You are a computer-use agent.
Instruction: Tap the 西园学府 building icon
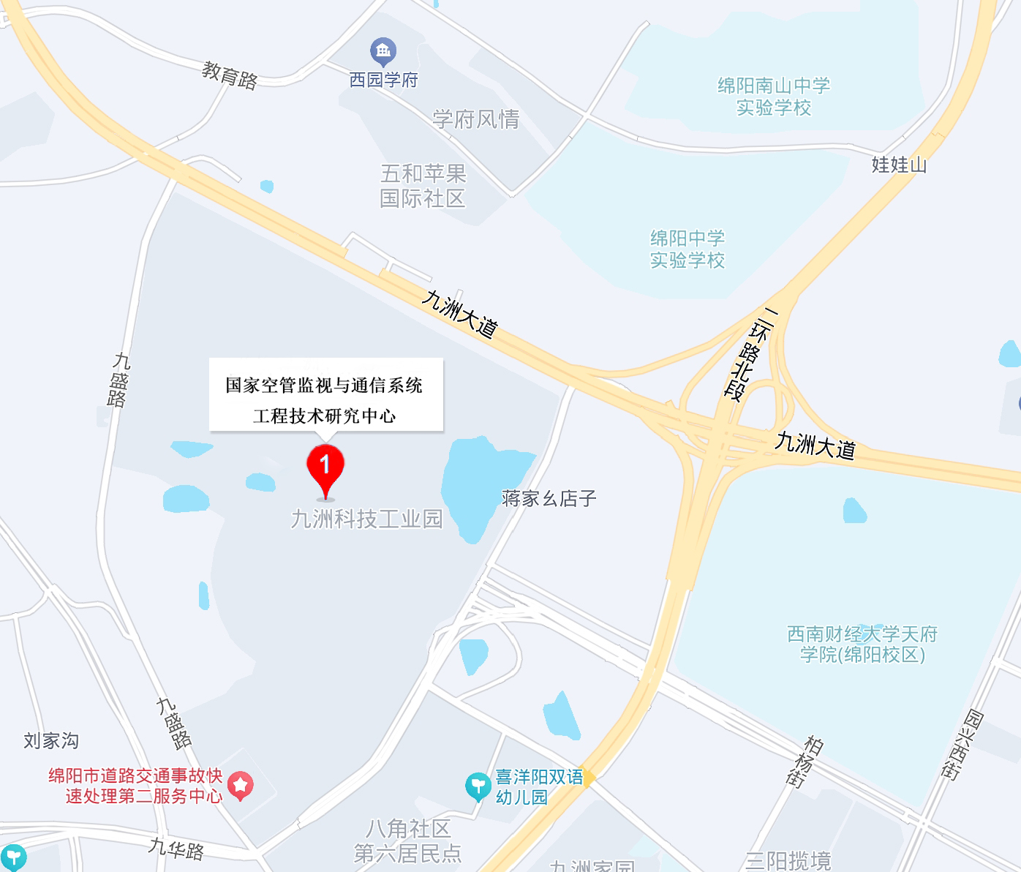(383, 51)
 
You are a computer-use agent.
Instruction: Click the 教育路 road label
(230, 75)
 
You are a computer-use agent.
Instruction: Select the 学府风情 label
(475, 119)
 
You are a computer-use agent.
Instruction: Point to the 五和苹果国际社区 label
(423, 186)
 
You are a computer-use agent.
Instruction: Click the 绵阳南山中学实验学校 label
(774, 97)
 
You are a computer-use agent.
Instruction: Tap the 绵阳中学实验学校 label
(687, 249)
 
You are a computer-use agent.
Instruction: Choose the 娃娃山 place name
(899, 165)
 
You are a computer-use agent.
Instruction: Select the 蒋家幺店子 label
(549, 499)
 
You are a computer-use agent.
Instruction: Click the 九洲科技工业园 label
(367, 519)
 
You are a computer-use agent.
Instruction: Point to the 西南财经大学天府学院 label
(862, 644)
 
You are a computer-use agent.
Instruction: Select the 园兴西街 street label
(960, 744)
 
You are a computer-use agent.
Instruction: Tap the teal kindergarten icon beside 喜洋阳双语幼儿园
(478, 786)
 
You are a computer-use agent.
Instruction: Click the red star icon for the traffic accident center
(241, 785)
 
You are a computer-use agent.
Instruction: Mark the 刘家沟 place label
(51, 741)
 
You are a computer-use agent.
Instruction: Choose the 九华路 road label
(176, 849)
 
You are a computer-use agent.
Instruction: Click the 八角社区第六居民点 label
(408, 841)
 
